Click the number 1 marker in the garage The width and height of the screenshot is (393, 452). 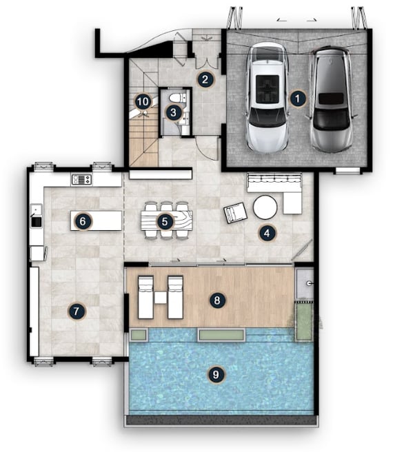click(297, 99)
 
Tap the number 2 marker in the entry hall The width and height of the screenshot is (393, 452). click(205, 79)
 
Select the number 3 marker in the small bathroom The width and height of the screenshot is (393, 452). click(174, 112)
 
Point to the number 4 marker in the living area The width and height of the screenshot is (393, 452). click(267, 233)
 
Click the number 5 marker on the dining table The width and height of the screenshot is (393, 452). click(165, 222)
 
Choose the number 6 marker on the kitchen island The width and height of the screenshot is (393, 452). click(83, 221)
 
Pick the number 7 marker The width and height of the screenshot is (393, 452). click(76, 311)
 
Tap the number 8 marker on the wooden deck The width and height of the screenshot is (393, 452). click(217, 300)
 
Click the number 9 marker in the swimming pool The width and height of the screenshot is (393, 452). click(216, 375)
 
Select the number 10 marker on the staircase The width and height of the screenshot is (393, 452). click(143, 101)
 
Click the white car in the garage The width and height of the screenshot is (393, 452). click(268, 98)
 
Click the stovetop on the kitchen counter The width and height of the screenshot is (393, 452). click(81, 180)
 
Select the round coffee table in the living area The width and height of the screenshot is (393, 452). click(265, 207)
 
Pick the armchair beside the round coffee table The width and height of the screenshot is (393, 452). click(235, 213)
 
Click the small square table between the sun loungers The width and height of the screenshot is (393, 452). click(160, 298)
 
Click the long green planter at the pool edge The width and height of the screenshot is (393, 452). click(221, 335)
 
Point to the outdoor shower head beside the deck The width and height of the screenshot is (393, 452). click(310, 283)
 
